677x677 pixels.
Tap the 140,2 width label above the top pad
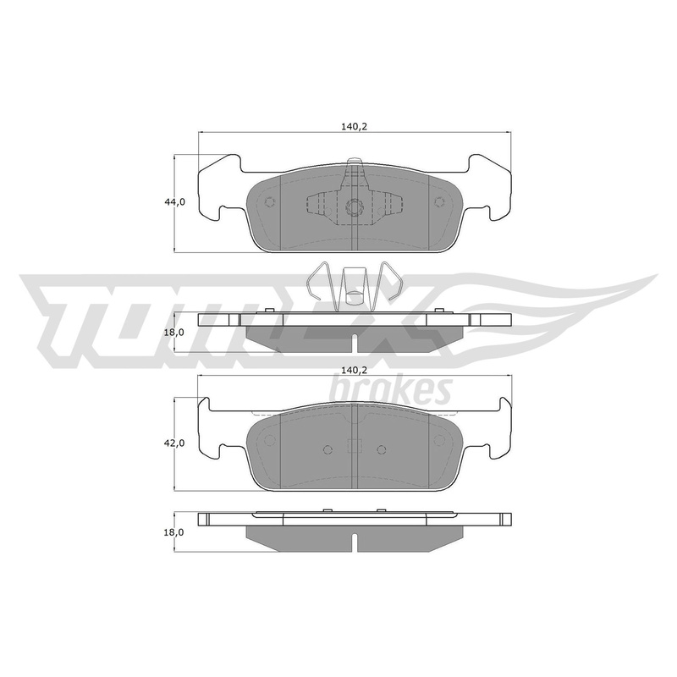[x=354, y=126]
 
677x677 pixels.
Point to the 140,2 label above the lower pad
[x=354, y=370]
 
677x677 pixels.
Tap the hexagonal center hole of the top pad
[x=354, y=207]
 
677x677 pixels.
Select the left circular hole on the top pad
[x=270, y=202]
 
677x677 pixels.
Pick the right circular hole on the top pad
[x=438, y=202]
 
